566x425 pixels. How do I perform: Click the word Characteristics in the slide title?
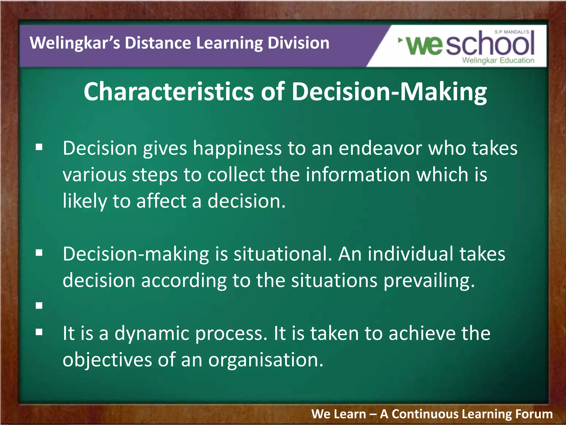click(169, 92)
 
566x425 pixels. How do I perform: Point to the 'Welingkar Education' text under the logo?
click(498, 60)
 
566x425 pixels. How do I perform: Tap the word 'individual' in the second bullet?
click(410, 254)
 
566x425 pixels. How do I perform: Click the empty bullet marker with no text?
click(39, 306)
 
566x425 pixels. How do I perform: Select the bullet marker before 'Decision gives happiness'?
click(39, 147)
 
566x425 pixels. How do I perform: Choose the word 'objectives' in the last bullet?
click(107, 360)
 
